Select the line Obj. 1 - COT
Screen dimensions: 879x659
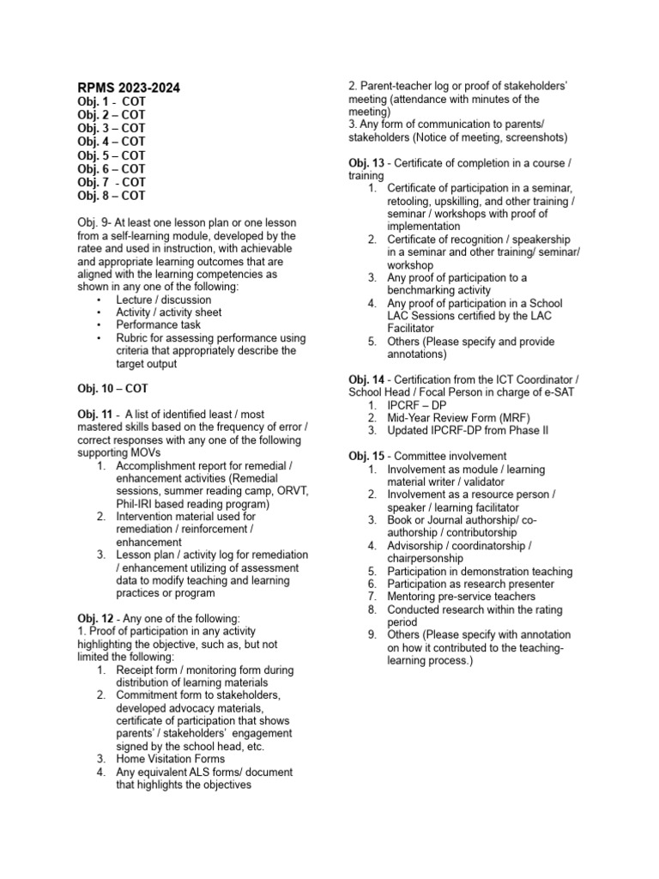(112, 101)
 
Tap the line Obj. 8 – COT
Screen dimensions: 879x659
(112, 195)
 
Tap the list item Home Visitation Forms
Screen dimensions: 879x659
(171, 759)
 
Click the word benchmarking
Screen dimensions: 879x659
(426, 290)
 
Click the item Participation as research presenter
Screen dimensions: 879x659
(482, 584)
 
